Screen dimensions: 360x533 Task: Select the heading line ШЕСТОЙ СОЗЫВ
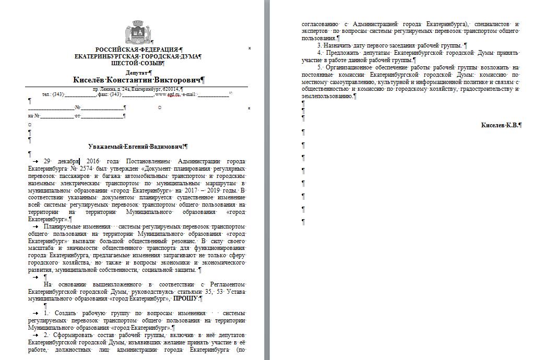[x=137, y=63]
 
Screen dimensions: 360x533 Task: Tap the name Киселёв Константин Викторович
[x=137, y=80]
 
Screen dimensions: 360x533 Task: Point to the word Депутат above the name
[x=137, y=73]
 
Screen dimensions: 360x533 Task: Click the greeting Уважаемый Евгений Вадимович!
[x=138, y=148]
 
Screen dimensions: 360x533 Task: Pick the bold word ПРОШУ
[x=186, y=299]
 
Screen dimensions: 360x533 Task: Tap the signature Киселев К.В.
[x=501, y=125]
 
